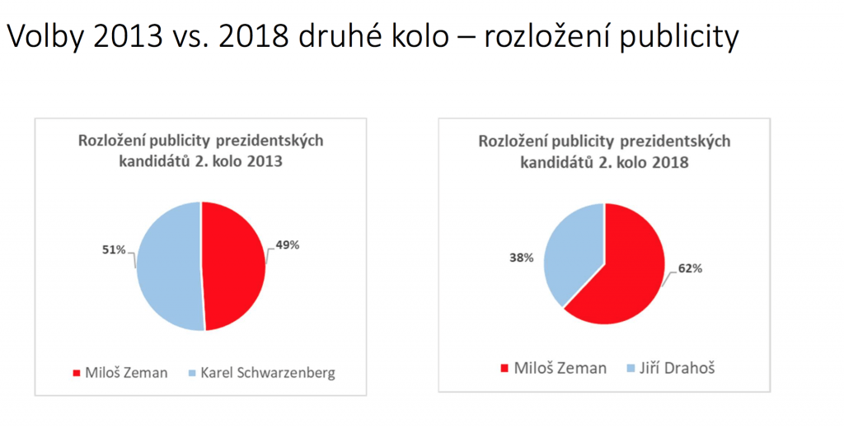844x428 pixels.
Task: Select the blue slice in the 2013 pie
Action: pos(169,265)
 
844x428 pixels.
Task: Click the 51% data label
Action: pos(111,249)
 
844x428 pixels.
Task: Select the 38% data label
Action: pos(522,258)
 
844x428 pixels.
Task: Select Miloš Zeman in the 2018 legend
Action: pos(552,367)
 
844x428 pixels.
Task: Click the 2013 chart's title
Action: pos(200,151)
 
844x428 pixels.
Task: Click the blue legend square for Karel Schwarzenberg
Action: pos(192,374)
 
